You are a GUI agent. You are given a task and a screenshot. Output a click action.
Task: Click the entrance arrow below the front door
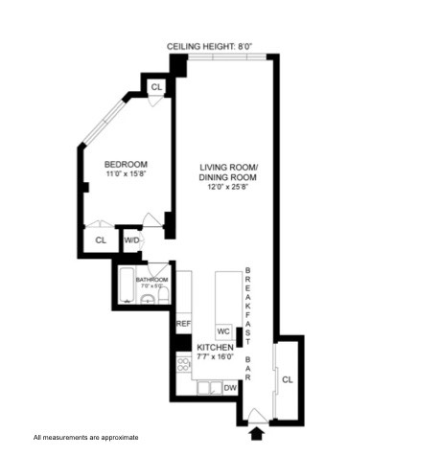pyautogui.click(x=256, y=433)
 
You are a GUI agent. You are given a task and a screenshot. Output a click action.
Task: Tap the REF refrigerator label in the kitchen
pyautogui.click(x=183, y=325)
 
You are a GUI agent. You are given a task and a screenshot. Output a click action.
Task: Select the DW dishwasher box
pyautogui.click(x=229, y=388)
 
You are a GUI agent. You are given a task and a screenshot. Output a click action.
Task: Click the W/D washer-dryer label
pyautogui.click(x=130, y=239)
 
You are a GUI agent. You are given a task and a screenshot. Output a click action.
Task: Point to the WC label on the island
pyautogui.click(x=222, y=331)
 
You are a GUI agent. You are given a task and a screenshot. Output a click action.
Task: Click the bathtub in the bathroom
pyautogui.click(x=127, y=285)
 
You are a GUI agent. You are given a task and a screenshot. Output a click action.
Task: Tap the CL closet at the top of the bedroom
pyautogui.click(x=155, y=87)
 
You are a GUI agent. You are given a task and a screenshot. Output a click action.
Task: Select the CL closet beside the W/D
pyautogui.click(x=100, y=239)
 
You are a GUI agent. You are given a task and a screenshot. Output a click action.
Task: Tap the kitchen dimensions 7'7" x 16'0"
pyautogui.click(x=215, y=356)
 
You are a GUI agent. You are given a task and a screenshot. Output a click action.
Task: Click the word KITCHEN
pyautogui.click(x=215, y=347)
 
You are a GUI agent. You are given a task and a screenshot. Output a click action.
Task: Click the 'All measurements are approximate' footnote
pyautogui.click(x=86, y=437)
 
